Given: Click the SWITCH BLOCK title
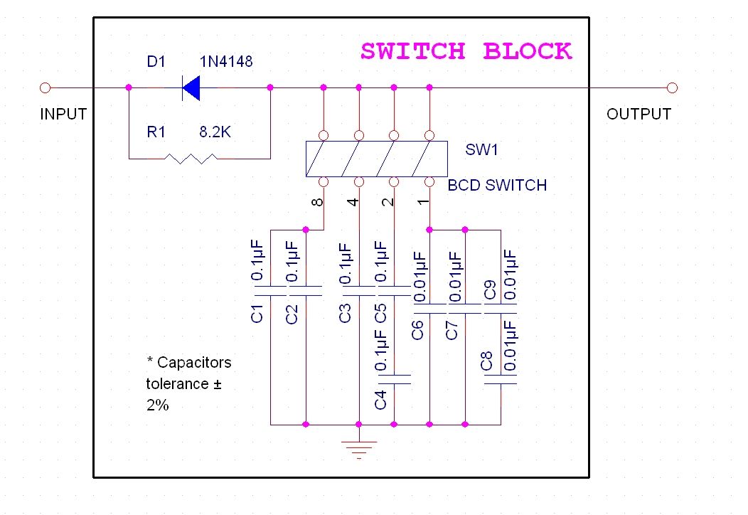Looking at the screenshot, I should (x=466, y=52).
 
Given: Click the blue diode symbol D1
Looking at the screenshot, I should (x=191, y=88).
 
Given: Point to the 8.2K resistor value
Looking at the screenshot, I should (x=215, y=132).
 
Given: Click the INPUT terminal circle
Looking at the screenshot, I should (x=45, y=88).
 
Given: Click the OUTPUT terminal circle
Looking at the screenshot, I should (x=672, y=88).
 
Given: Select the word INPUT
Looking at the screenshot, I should (x=63, y=115).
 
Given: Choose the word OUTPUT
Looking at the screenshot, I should (x=639, y=115).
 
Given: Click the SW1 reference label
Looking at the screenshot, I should (x=482, y=150).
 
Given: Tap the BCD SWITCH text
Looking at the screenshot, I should (x=497, y=186).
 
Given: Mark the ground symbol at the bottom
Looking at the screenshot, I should (x=359, y=446).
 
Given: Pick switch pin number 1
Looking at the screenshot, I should (x=423, y=202).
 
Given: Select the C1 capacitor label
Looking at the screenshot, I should (x=257, y=313).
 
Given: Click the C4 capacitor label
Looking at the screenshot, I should (x=380, y=400).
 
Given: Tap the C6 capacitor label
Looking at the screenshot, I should (x=417, y=330).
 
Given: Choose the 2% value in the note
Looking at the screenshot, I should (x=157, y=405).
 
